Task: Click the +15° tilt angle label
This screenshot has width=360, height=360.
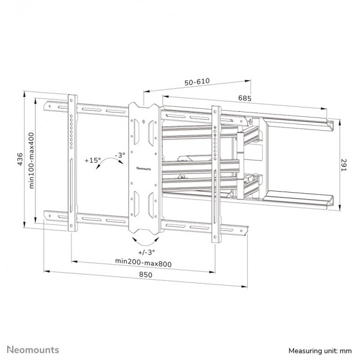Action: pos(92,160)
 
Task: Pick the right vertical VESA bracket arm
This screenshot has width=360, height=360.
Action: pos(215,172)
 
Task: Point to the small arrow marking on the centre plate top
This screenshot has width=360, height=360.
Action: pos(143,122)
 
